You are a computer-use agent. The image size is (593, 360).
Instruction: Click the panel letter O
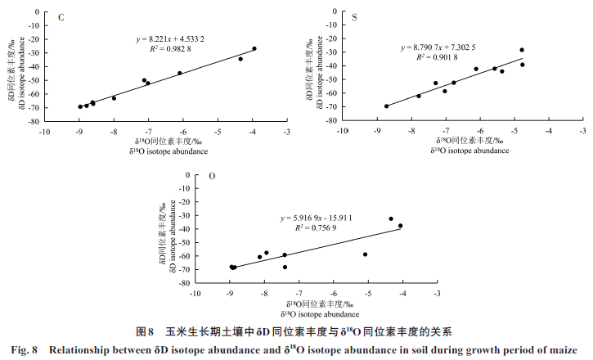click(213, 177)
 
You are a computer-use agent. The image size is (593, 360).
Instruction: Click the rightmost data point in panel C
click(254, 48)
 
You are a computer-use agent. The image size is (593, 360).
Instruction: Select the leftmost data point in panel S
click(386, 106)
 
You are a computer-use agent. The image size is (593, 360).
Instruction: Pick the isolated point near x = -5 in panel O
click(366, 254)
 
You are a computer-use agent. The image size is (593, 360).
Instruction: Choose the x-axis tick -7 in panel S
click(446, 130)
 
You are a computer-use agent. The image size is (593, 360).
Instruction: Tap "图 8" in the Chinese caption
click(144, 332)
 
